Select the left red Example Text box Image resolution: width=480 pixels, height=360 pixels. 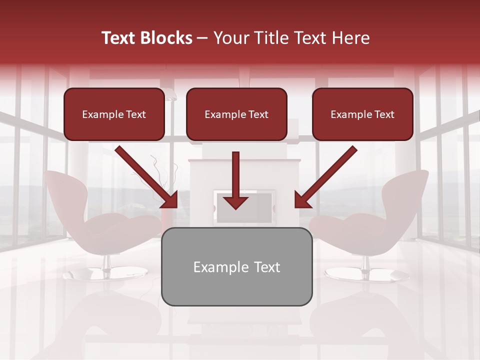point(114,114)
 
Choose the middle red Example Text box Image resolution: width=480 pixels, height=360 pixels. point(236,114)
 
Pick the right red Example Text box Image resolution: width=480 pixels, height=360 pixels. point(362,114)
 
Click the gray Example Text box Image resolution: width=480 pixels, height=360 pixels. point(236,266)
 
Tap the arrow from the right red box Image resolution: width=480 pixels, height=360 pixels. point(327,177)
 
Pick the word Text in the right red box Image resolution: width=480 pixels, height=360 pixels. point(384,114)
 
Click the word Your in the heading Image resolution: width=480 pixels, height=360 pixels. point(232,38)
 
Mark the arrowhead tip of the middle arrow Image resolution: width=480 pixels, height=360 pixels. point(236,208)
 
